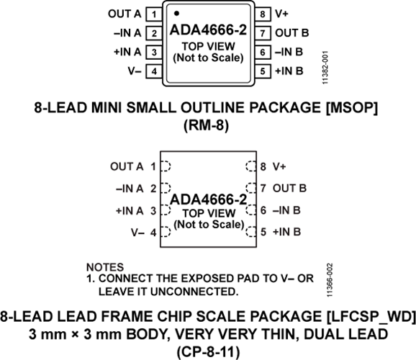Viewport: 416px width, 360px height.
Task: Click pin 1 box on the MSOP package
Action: click(x=154, y=14)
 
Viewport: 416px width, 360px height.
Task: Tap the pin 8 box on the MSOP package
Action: click(x=263, y=14)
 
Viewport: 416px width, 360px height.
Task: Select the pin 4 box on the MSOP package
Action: click(x=154, y=71)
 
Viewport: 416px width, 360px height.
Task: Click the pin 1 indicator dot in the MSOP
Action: click(x=177, y=13)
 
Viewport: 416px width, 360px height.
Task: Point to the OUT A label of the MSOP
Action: click(x=125, y=14)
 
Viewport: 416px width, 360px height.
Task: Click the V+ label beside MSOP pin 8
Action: click(x=281, y=14)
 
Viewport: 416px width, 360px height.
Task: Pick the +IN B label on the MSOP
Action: click(x=289, y=71)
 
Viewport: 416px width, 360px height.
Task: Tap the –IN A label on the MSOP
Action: click(x=127, y=33)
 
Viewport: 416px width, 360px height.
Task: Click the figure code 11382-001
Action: click(x=325, y=68)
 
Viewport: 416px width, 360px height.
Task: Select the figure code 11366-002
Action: click(x=330, y=280)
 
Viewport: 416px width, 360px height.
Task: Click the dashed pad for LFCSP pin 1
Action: click(x=166, y=166)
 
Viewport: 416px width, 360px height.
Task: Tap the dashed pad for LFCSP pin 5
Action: click(x=250, y=232)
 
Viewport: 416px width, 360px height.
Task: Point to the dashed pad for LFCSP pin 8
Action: click(x=250, y=166)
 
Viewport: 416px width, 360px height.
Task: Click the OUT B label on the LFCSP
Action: click(x=290, y=188)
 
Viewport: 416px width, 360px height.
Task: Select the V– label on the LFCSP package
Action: click(x=137, y=233)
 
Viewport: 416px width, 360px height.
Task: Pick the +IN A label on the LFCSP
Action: click(x=130, y=211)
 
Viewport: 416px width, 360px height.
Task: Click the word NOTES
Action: click(x=105, y=267)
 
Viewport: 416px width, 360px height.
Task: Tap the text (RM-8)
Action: click(x=206, y=125)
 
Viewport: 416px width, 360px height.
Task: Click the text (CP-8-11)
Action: click(x=208, y=352)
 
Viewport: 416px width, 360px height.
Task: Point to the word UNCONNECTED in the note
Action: click(x=193, y=292)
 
